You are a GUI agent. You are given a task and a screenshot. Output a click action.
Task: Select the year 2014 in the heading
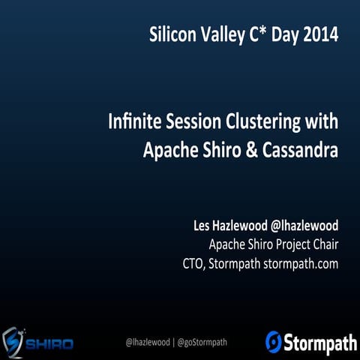pyautogui.click(x=319, y=34)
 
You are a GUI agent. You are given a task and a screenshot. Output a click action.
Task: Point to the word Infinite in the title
pyautogui.click(x=133, y=122)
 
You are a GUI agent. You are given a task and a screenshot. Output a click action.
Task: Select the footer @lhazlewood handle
pyautogui.click(x=149, y=342)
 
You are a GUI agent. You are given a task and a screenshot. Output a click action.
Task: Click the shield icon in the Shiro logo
pyautogui.click(x=13, y=342)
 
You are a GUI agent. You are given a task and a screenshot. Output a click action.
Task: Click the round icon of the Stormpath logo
pyautogui.click(x=274, y=342)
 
